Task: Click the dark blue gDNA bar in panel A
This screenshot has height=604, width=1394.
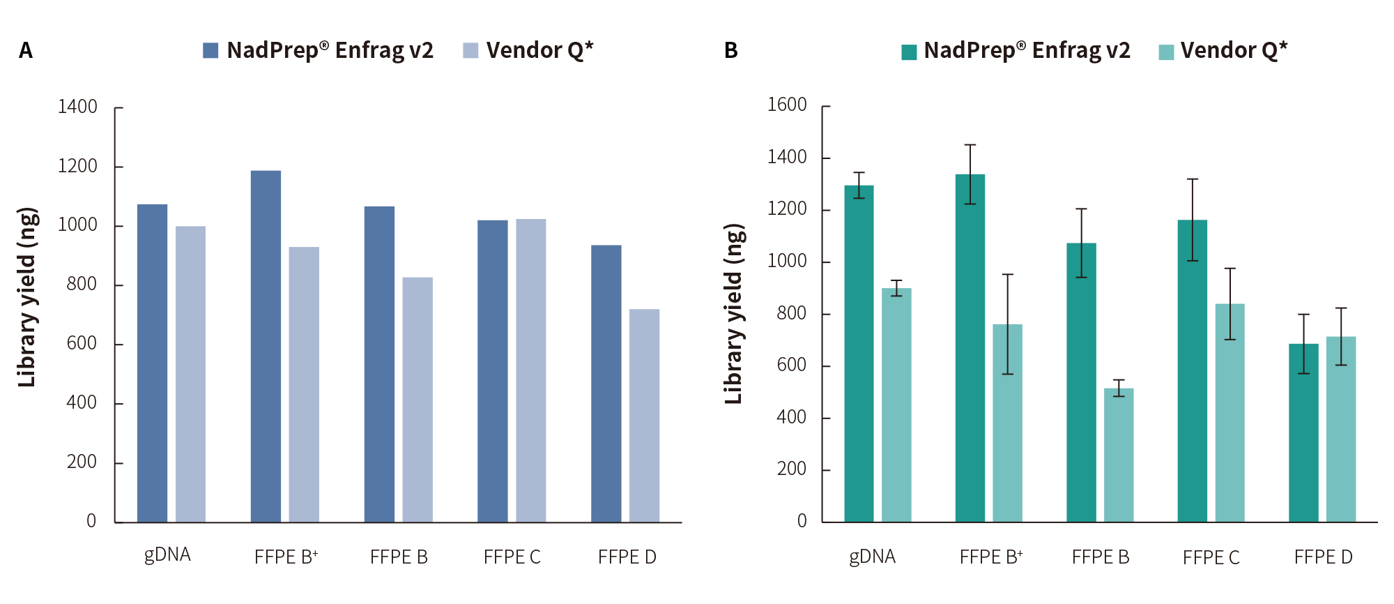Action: coord(152,363)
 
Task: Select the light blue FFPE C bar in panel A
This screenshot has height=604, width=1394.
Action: coord(530,370)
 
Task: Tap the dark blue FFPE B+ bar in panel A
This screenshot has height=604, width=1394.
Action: coord(266,346)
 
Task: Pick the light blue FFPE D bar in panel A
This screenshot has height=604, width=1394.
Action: coord(644,416)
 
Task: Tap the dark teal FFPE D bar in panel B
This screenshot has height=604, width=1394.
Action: coord(1303,432)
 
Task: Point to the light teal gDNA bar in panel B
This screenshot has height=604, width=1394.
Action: coord(896,405)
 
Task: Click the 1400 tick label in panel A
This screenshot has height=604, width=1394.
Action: coord(77,107)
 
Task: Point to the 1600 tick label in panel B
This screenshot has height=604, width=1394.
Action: coord(787,105)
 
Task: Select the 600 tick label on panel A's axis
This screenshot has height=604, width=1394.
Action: coord(82,343)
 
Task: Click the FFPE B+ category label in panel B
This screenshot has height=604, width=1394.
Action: coord(991,557)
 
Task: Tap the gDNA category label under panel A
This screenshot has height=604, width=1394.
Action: coord(167,555)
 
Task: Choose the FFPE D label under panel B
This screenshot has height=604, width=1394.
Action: coord(1323,557)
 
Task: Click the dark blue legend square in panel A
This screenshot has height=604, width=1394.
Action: coord(210,50)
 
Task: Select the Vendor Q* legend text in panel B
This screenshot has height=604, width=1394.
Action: coord(1234,50)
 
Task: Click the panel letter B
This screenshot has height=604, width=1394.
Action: coord(730,50)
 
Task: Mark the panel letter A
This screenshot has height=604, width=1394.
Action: coord(26,50)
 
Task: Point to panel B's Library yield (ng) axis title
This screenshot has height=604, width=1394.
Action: coord(733,314)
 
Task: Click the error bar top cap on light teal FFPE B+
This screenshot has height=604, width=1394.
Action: coord(1008,275)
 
